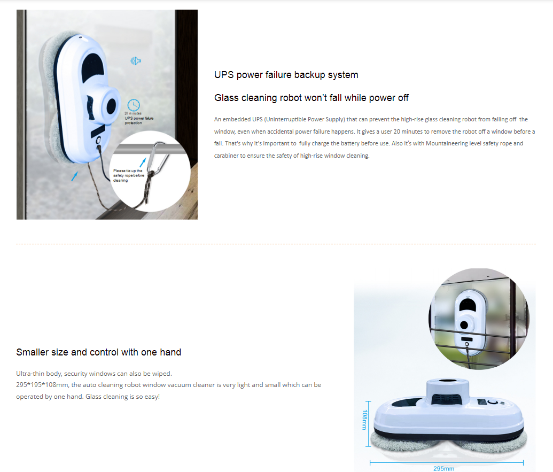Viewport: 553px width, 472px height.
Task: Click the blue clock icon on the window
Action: pos(134,105)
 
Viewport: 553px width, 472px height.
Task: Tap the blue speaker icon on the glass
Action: pos(136,61)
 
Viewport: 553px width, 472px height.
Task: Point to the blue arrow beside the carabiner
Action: pos(143,161)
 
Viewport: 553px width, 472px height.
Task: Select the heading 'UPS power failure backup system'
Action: pos(286,75)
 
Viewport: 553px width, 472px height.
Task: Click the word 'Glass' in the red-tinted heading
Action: pos(226,98)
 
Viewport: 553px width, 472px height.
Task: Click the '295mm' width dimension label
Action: pos(443,468)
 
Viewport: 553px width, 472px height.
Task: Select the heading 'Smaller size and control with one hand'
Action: pos(99,352)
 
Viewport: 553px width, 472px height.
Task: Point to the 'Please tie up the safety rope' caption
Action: pos(128,175)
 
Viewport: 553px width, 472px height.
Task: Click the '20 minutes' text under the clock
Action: pos(133,113)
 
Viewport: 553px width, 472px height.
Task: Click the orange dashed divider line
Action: pos(276,244)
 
